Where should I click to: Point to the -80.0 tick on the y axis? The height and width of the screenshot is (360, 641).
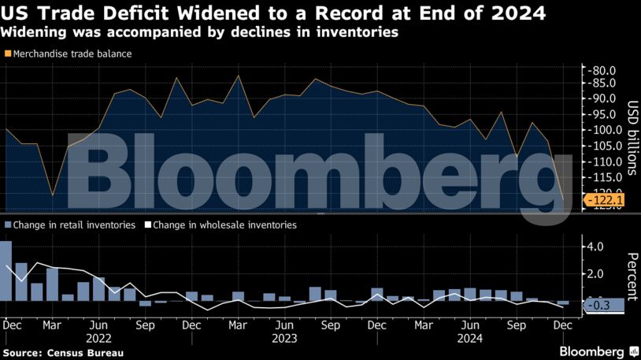pos(602,69)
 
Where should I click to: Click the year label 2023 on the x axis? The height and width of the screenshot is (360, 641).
pos(285,338)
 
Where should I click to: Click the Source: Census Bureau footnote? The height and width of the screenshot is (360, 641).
pos(63,352)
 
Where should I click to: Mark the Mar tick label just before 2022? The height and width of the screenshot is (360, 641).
pos(53,325)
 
